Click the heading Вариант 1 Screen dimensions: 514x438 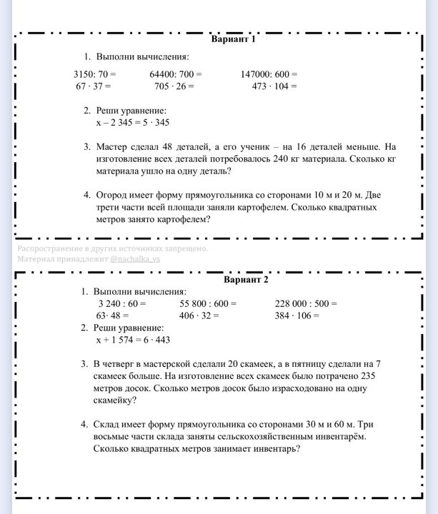(234, 39)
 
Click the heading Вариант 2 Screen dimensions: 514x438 (246, 279)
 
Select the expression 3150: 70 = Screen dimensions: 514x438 (94, 74)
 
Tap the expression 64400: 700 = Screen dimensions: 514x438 (176, 74)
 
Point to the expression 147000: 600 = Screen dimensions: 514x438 (269, 74)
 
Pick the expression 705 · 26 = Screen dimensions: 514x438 (174, 86)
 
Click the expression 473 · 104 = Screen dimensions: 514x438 (274, 86)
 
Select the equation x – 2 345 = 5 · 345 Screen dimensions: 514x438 (132, 123)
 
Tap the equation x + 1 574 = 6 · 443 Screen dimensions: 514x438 (132, 340)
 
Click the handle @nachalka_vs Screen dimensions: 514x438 (136, 260)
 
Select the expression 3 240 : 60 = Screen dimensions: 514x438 (122, 303)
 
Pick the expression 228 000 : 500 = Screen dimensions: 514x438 (306, 303)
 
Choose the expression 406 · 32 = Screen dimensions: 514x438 (199, 316)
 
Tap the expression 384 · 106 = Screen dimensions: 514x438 (297, 316)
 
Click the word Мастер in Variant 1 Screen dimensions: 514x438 (110, 146)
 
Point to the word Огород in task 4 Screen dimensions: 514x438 (111, 194)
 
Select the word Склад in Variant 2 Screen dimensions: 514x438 (106, 424)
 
